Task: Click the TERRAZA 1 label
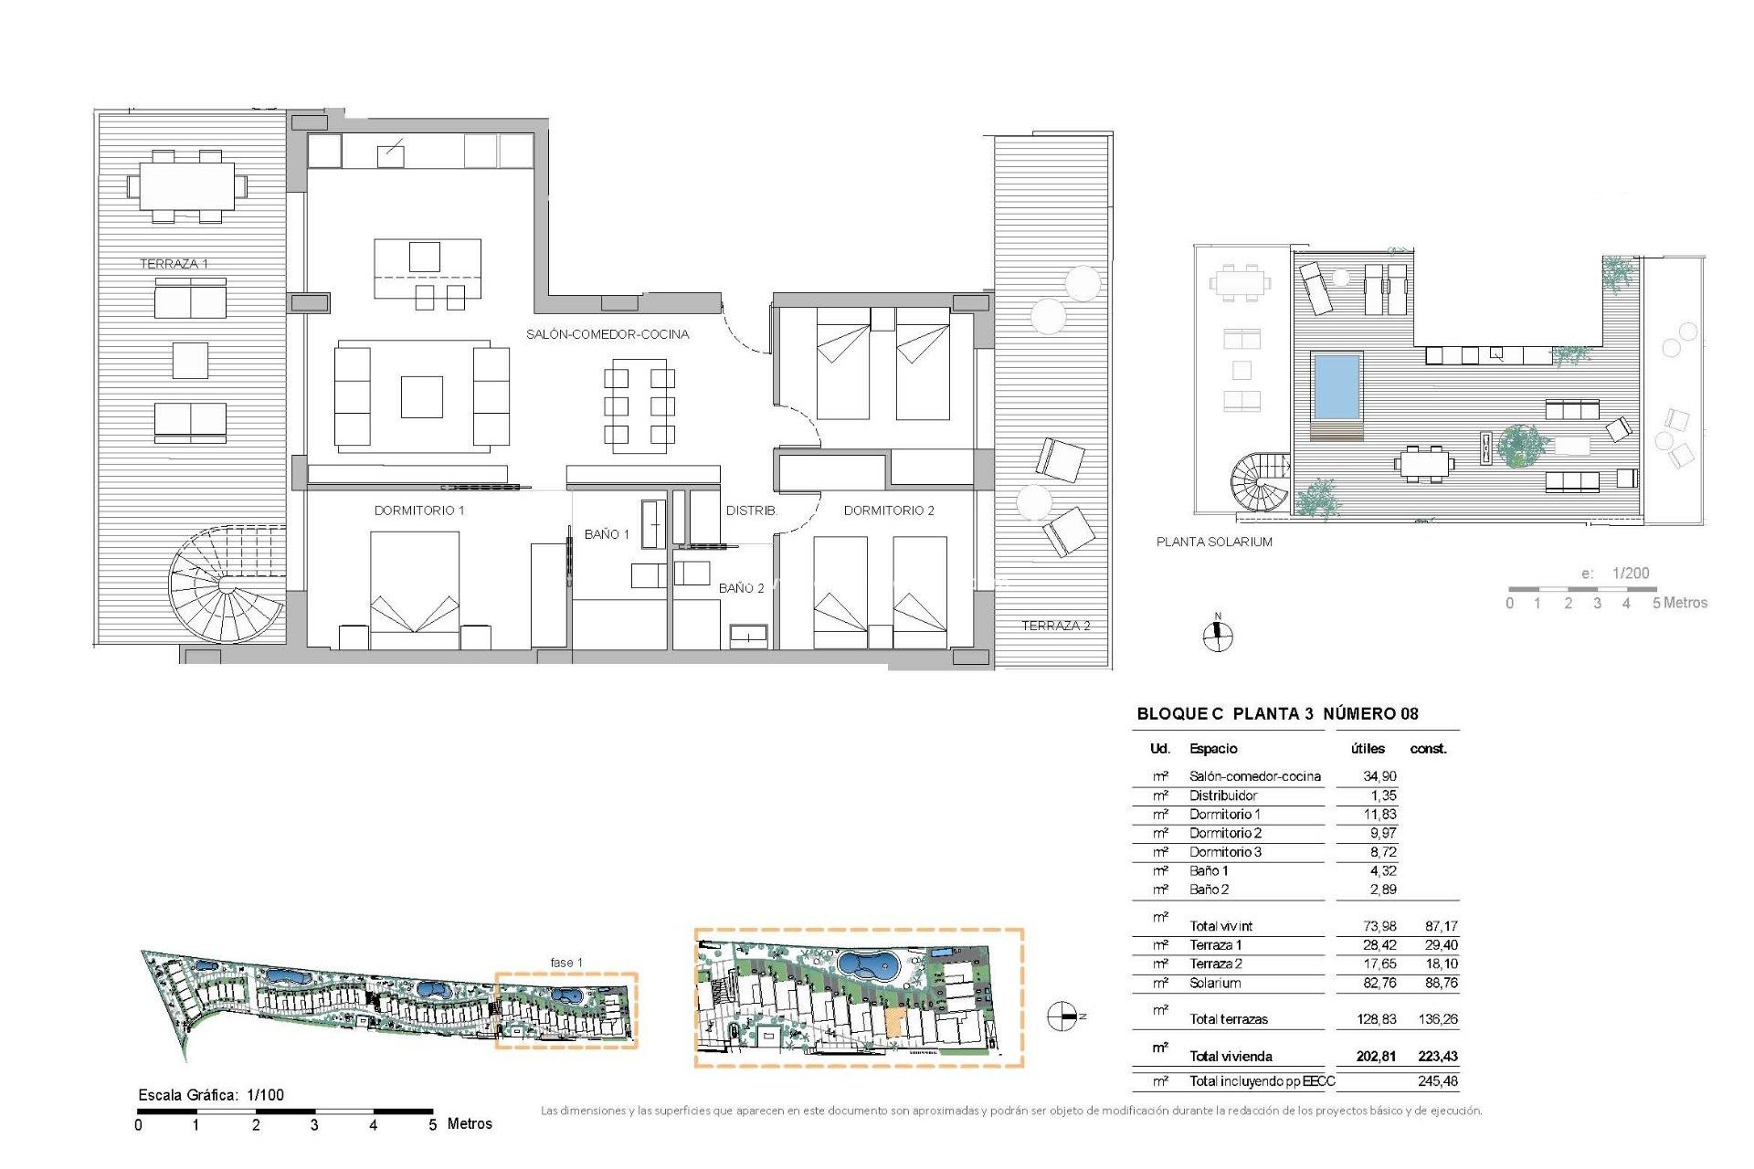pyautogui.click(x=174, y=264)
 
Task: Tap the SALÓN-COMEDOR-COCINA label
pyautogui.click(x=608, y=334)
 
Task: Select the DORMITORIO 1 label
pyautogui.click(x=419, y=511)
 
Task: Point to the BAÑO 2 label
pyautogui.click(x=741, y=588)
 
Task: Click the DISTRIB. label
pyautogui.click(x=751, y=511)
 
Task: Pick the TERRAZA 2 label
pyautogui.click(x=1055, y=626)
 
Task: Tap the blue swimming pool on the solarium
pyautogui.click(x=1337, y=384)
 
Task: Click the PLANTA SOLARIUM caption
pyautogui.click(x=1214, y=542)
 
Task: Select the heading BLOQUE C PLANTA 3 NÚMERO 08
pyautogui.click(x=1277, y=714)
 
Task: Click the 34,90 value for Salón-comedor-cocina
pyautogui.click(x=1379, y=776)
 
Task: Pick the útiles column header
pyautogui.click(x=1368, y=749)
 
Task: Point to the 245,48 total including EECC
pyautogui.click(x=1438, y=1081)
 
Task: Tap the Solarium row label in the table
pyautogui.click(x=1215, y=984)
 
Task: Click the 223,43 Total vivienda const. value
pyautogui.click(x=1438, y=1057)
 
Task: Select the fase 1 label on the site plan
pyautogui.click(x=566, y=963)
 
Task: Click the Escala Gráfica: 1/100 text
pyautogui.click(x=211, y=1095)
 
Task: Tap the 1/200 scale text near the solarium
pyautogui.click(x=1631, y=574)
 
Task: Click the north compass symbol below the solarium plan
pyautogui.click(x=1217, y=636)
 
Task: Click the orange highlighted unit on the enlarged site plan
pyautogui.click(x=894, y=1024)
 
